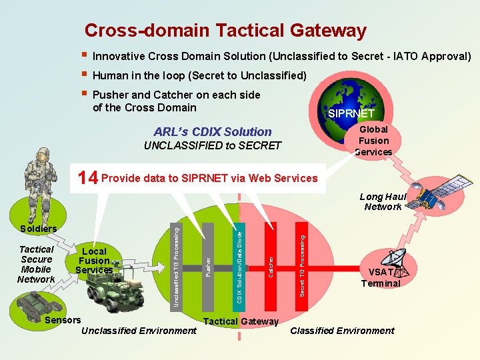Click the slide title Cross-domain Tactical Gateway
[225, 31]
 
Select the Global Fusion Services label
[373, 141]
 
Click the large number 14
[87, 178]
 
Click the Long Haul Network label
[383, 201]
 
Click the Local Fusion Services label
[94, 261]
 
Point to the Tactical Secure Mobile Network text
[36, 264]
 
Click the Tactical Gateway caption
[241, 322]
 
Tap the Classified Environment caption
[342, 331]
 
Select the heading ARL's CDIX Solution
[213, 131]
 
